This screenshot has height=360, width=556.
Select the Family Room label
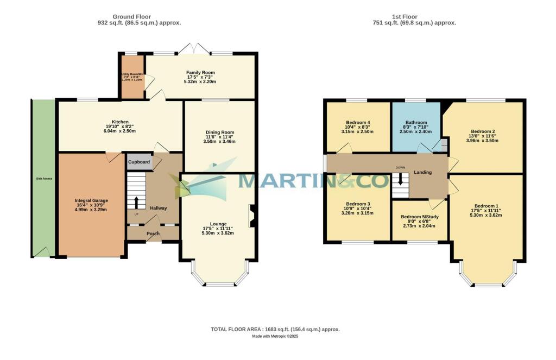click(x=200, y=72)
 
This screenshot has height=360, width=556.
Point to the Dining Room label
click(x=219, y=132)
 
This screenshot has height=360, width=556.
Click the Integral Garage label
click(x=91, y=200)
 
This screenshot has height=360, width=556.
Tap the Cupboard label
click(x=139, y=162)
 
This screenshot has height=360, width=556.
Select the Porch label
click(x=153, y=234)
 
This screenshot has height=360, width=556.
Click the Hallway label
click(x=158, y=208)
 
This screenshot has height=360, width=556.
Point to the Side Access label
click(x=44, y=178)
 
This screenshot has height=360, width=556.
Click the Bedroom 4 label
click(x=358, y=123)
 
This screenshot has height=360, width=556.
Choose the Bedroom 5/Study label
click(x=420, y=217)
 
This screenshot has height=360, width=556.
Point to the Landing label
click(x=422, y=172)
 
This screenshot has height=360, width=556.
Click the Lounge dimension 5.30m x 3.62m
click(x=218, y=233)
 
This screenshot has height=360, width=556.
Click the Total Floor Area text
click(x=275, y=330)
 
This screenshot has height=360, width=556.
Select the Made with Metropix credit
click(x=275, y=337)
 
